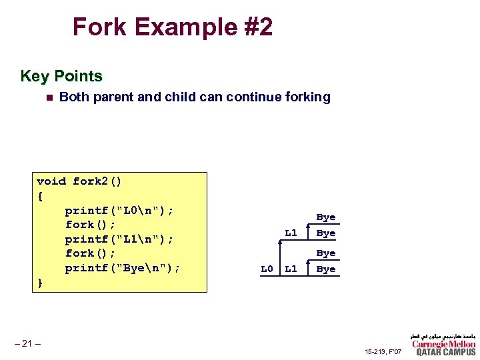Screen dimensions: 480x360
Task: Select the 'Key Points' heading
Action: [61, 76]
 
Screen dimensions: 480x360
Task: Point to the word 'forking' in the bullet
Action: [307, 97]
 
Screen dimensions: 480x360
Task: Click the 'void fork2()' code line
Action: [79, 181]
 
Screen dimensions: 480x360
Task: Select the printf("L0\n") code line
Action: [119, 211]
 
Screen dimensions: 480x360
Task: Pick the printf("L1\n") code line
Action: [119, 239]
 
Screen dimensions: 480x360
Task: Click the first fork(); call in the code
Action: [90, 225]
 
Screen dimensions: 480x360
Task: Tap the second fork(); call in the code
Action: [90, 254]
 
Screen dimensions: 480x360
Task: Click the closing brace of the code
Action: [40, 283]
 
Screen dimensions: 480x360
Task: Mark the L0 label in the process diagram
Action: [267, 269]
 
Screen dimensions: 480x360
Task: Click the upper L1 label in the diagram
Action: [291, 233]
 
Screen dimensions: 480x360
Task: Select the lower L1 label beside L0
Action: [291, 269]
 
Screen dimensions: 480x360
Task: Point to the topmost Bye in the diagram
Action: [325, 217]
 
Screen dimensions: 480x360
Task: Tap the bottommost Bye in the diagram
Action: [325, 269]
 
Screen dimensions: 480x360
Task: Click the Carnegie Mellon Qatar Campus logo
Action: [443, 344]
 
